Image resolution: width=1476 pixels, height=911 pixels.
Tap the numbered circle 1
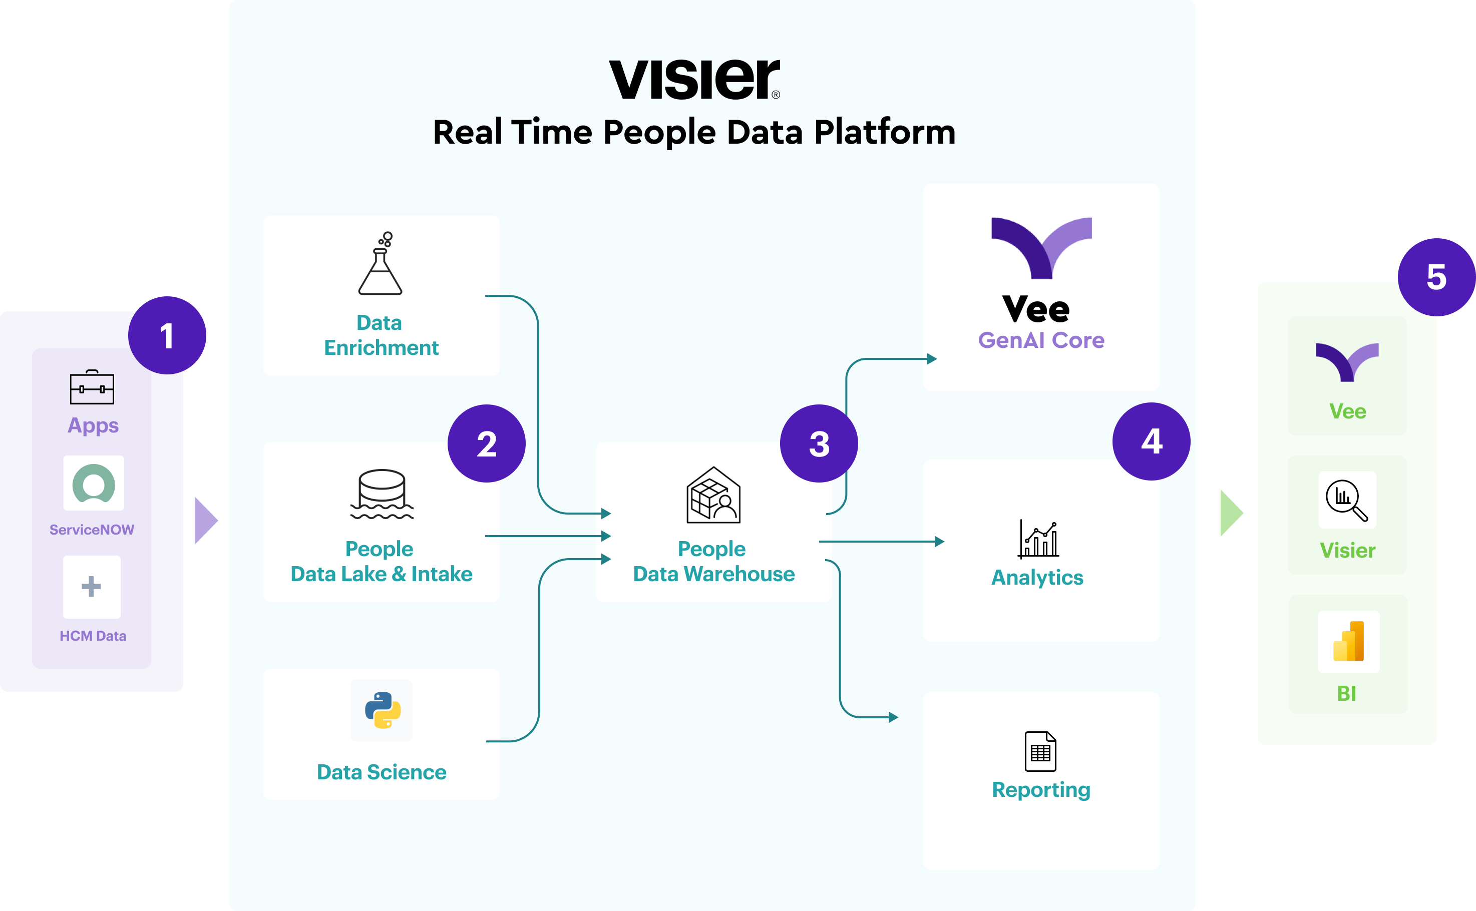point(167,335)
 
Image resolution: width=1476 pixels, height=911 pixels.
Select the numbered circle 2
point(486,443)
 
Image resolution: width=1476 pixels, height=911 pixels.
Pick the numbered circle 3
point(819,443)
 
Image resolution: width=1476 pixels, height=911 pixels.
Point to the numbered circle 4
point(1151,441)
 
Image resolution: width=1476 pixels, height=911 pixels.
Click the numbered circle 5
point(1437,277)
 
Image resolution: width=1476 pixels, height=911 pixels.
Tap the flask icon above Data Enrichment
point(381,263)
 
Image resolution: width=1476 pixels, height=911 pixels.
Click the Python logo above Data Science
point(383,710)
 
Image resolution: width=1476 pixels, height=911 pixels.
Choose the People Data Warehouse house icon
point(713,495)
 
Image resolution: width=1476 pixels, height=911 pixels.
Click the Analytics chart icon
point(1038,539)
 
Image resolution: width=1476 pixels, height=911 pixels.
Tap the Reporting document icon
point(1040,751)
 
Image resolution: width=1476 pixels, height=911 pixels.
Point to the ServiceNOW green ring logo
point(94,483)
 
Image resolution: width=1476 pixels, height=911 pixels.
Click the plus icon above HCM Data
point(91,586)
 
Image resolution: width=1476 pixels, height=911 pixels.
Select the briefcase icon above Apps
point(92,387)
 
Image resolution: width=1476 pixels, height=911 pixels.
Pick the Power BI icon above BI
point(1348,641)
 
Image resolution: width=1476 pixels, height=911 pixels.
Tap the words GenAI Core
point(1041,340)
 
